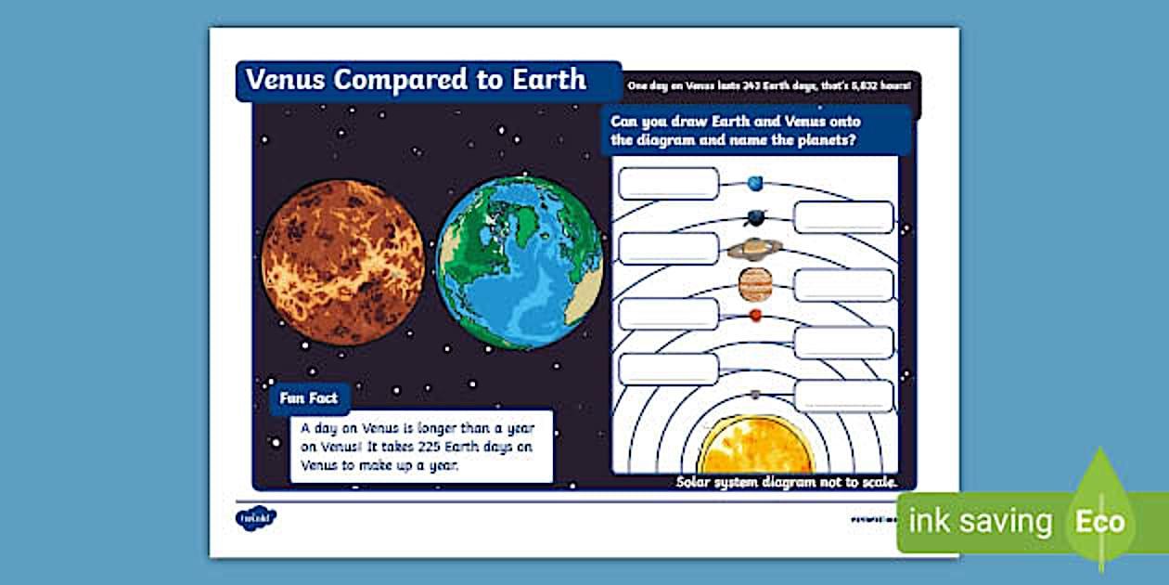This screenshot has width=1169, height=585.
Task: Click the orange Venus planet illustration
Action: pyautogui.click(x=342, y=263)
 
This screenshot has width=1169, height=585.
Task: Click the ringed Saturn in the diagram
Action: pyautogui.click(x=754, y=248)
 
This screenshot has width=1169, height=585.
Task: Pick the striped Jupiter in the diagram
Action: pyautogui.click(x=755, y=284)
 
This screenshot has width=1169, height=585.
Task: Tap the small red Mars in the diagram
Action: pyautogui.click(x=755, y=316)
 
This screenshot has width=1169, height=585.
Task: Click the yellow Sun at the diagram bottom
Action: pyautogui.click(x=755, y=447)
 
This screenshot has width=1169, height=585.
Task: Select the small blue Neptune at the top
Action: pyautogui.click(x=755, y=182)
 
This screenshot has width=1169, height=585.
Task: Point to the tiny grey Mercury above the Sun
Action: pyautogui.click(x=755, y=395)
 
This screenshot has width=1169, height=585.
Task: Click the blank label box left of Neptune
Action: pyautogui.click(x=668, y=184)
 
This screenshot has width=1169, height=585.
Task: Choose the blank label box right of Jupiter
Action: pyautogui.click(x=843, y=285)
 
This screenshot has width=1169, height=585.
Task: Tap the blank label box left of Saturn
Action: pyautogui.click(x=668, y=249)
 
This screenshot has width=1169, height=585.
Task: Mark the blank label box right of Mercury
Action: pyautogui.click(x=843, y=396)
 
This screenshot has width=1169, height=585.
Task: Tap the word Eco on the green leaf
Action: pyautogui.click(x=1099, y=522)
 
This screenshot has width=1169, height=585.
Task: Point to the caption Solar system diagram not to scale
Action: pyautogui.click(x=786, y=482)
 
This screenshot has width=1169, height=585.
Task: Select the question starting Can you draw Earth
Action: pyautogui.click(x=736, y=131)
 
